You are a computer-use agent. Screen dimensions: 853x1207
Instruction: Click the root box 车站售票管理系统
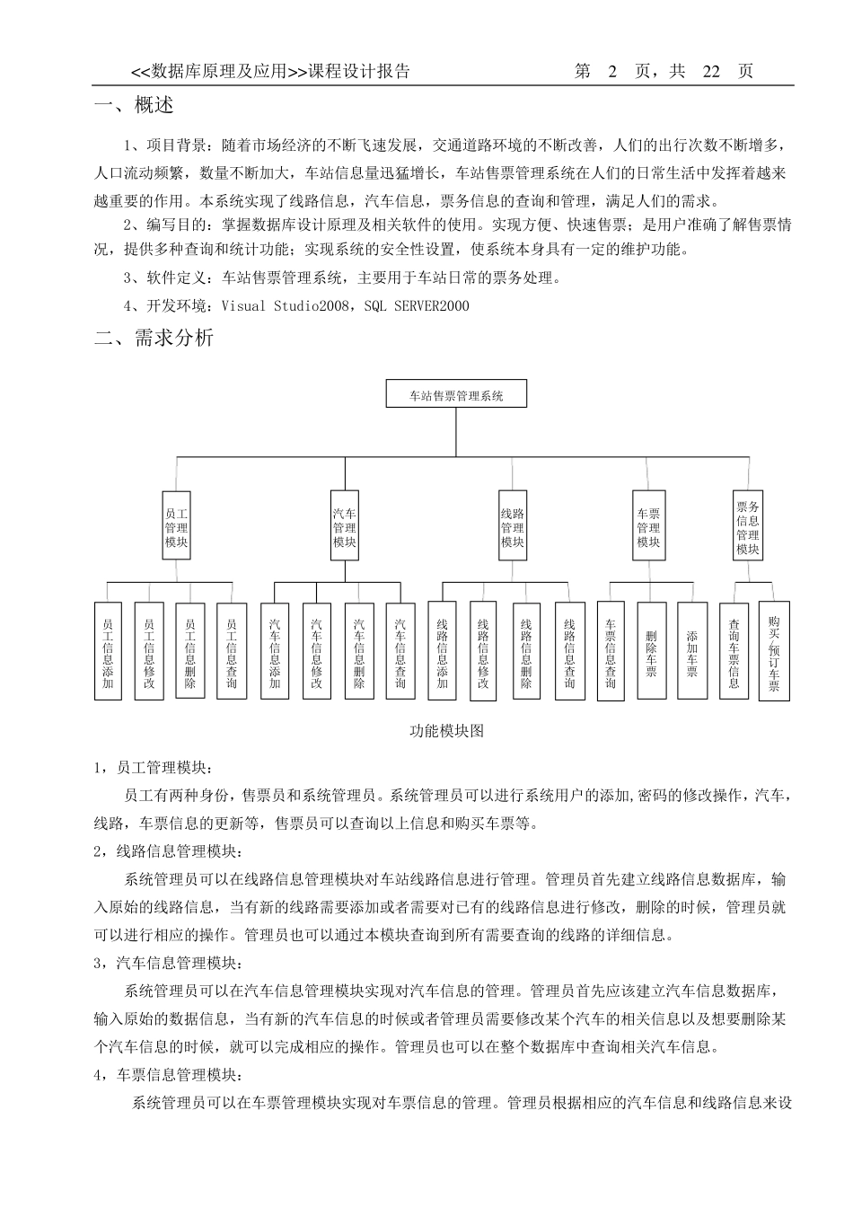click(x=456, y=394)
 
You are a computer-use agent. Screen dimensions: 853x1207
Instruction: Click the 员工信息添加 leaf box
click(x=108, y=651)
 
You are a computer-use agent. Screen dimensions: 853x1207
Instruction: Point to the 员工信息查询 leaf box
click(x=232, y=651)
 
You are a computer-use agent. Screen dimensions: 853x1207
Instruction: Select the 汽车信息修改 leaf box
click(x=317, y=651)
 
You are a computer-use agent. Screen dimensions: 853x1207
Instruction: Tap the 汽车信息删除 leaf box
click(x=359, y=651)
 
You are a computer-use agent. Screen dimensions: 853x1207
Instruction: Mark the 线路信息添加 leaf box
click(x=442, y=651)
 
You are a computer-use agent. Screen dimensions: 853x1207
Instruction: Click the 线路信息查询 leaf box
click(x=569, y=651)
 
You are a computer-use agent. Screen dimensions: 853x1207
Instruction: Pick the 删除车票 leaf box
click(x=652, y=651)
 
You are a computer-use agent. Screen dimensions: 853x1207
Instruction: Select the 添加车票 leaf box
click(x=691, y=651)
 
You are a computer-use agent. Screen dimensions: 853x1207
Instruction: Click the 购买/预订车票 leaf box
click(x=774, y=651)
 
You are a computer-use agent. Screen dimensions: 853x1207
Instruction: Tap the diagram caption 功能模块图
click(x=447, y=731)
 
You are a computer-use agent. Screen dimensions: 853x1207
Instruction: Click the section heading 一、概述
click(x=135, y=106)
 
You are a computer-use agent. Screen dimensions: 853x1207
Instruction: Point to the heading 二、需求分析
click(x=154, y=339)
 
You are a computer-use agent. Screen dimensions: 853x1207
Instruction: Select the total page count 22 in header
click(x=711, y=72)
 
